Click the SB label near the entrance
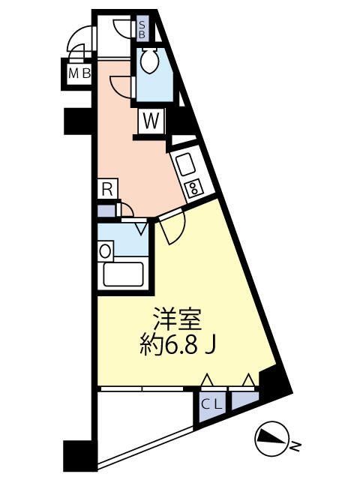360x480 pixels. pos(143,30)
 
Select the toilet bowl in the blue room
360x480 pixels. pos(150,59)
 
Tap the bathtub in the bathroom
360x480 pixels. pos(124,274)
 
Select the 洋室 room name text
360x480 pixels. pos(178,319)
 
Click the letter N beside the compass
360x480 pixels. pos(295,447)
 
